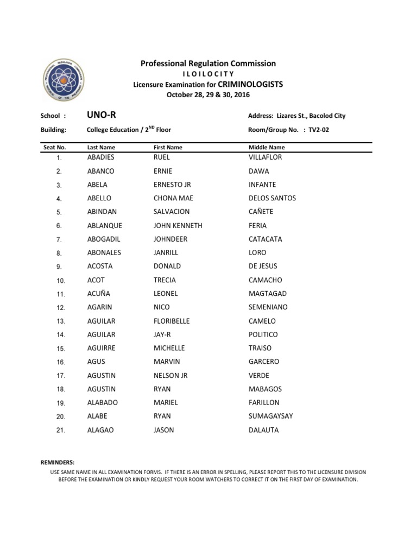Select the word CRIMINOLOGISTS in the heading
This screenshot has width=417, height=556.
250,84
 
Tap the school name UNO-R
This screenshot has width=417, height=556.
101,115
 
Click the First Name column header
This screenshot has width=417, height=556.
168,147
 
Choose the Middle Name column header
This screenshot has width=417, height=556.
266,147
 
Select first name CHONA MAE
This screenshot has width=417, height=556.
173,198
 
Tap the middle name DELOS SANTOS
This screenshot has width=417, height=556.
272,198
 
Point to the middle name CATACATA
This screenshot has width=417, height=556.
265,239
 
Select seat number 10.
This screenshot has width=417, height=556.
61,281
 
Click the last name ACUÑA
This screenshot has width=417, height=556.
98,294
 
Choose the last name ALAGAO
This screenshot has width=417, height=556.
100,430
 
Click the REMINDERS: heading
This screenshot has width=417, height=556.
58,462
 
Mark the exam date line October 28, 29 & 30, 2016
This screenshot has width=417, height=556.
208,95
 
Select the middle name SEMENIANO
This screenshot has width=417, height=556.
268,307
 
